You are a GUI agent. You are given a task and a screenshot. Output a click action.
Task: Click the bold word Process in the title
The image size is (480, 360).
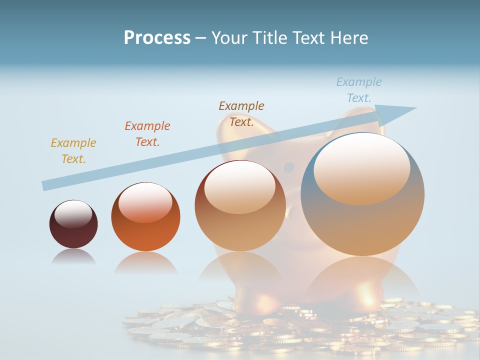pyautogui.click(x=157, y=38)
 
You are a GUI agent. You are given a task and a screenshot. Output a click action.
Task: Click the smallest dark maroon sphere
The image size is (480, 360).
pyautogui.click(x=73, y=224)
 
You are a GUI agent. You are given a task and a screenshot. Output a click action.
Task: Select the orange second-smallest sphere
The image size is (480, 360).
pyautogui.click(x=145, y=216)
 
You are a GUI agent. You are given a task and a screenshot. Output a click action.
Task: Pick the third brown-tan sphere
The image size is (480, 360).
pyautogui.click(x=240, y=205)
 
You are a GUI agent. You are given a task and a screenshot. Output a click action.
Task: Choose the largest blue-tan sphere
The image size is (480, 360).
pyautogui.click(x=362, y=194)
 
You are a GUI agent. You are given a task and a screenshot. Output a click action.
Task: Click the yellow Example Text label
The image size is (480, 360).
pyautogui.click(x=73, y=151)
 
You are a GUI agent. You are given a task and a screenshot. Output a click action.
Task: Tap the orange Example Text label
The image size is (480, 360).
pyautogui.click(x=147, y=134)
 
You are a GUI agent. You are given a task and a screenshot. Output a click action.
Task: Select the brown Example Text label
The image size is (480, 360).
pyautogui.click(x=241, y=114)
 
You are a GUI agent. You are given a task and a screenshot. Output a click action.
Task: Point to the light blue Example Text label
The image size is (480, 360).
pyautogui.click(x=359, y=90)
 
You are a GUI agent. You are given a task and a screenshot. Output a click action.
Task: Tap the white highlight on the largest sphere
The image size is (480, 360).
pyautogui.click(x=362, y=168)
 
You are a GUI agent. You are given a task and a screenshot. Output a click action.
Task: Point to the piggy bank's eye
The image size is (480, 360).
pyautogui.click(x=289, y=167)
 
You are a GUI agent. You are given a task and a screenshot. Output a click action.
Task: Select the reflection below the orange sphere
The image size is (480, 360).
pyautogui.click(x=145, y=263)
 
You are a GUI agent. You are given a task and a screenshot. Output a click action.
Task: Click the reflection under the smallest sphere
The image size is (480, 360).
pyautogui.click(x=73, y=257)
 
